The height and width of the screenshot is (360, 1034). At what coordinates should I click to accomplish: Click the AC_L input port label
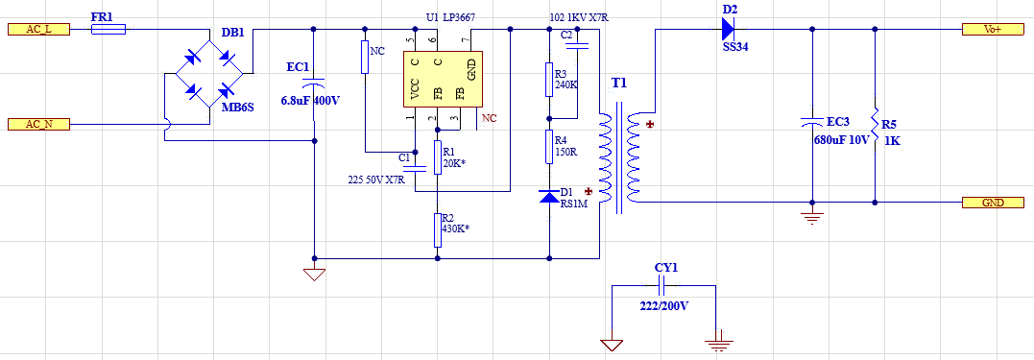[x=39, y=29]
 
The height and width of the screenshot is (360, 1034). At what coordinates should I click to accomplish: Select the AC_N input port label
[x=39, y=124]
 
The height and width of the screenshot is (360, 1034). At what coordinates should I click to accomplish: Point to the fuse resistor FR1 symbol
[x=108, y=29]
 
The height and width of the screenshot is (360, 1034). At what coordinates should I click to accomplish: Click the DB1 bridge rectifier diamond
[x=208, y=73]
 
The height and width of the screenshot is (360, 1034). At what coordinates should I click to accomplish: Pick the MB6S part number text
[x=237, y=108]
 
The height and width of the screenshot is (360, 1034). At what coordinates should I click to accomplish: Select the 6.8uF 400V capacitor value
[x=311, y=100]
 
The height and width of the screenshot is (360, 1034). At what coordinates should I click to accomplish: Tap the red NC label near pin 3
[x=489, y=119]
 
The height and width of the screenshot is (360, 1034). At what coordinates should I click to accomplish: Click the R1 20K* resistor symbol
[x=437, y=156]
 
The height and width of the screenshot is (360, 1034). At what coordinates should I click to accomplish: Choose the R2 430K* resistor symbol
[x=437, y=229]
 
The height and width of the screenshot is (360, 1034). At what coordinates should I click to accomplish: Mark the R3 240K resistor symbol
[x=548, y=79]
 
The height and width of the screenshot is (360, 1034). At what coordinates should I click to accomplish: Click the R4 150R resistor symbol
[x=548, y=146]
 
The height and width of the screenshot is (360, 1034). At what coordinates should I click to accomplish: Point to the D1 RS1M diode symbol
[x=548, y=196]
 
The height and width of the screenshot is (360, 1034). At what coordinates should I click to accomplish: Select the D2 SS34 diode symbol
[x=728, y=29]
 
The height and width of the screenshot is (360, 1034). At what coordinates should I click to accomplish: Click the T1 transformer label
[x=619, y=84]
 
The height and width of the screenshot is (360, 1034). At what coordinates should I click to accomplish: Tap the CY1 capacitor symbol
[x=663, y=285]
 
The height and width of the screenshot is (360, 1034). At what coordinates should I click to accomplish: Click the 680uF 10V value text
[x=841, y=140]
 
